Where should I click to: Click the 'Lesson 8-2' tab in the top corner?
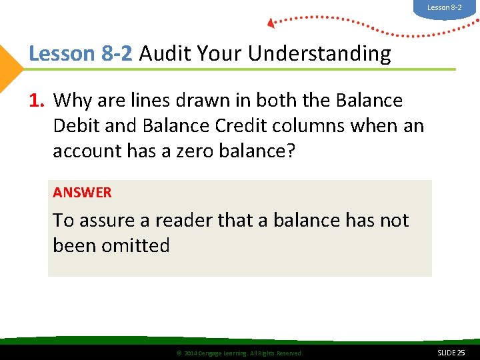444,7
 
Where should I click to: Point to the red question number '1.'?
37,101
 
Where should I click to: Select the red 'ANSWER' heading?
82,193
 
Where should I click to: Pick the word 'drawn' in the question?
223,101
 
